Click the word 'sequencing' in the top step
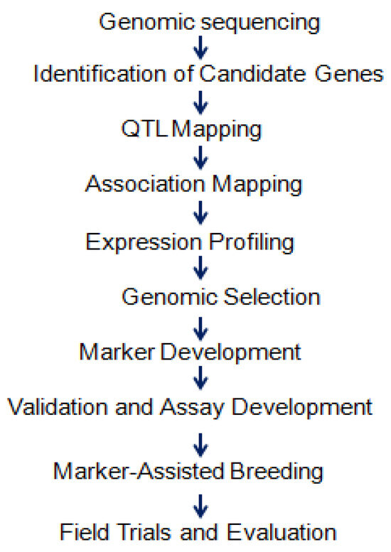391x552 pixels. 260,23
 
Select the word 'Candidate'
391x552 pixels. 252,74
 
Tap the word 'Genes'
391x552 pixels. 349,74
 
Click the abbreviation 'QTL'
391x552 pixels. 144,129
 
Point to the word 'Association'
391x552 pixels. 145,184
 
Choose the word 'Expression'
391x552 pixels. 144,243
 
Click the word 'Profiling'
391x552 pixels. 252,243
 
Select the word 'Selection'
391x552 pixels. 272,297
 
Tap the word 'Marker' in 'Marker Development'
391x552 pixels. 117,352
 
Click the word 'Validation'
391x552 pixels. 58,407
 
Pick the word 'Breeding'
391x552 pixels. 277,472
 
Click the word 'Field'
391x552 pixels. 85,531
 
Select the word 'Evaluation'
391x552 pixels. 282,531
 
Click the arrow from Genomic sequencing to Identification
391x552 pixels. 200,48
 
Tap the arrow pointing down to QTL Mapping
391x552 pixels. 200,102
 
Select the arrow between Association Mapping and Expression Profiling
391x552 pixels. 200,212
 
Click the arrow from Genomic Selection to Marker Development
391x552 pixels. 200,329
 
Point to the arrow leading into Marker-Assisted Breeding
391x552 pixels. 200,445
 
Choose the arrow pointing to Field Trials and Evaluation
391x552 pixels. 200,507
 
